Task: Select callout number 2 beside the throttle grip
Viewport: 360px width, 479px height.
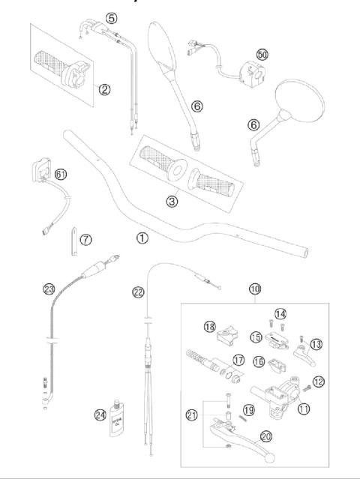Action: (104, 90)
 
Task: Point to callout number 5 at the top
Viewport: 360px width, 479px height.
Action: (112, 17)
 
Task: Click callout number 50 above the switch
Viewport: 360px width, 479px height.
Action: (262, 55)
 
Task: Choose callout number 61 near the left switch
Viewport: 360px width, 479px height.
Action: (61, 175)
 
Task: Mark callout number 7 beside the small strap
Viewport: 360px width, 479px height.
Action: (86, 239)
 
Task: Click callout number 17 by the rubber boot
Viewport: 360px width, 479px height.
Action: (238, 361)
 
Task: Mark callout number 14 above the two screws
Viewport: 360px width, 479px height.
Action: (280, 313)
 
